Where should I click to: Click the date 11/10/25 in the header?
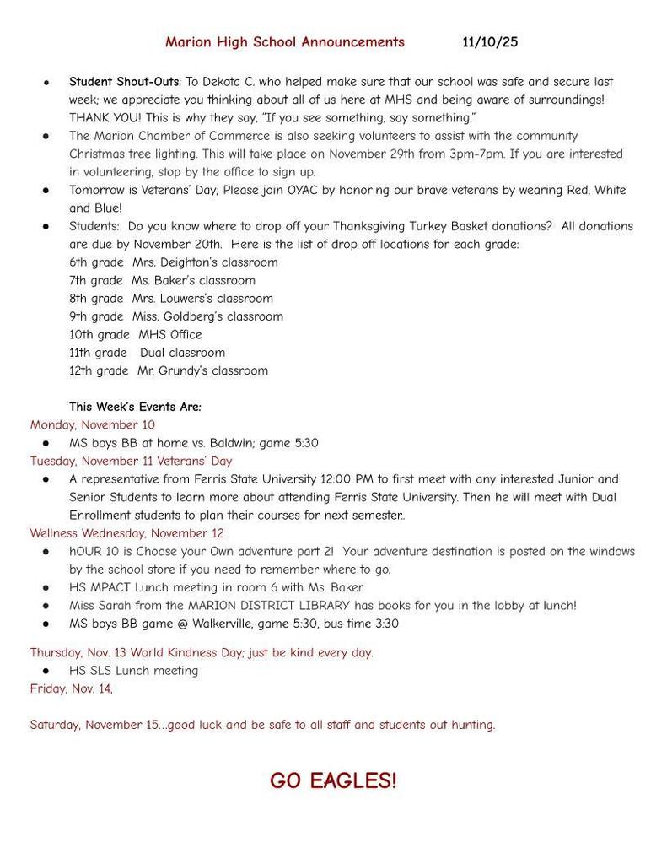(x=490, y=41)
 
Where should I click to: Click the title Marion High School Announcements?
(x=285, y=41)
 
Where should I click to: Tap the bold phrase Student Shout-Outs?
(x=124, y=82)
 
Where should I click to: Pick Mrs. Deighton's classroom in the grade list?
(x=205, y=262)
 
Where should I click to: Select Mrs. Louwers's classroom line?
(x=202, y=299)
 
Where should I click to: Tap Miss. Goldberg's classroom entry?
(x=207, y=316)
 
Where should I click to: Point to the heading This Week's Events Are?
(x=135, y=407)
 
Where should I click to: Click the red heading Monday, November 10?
(x=93, y=424)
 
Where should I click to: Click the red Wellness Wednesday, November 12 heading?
(x=127, y=533)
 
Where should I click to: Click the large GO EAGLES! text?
(x=333, y=780)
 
